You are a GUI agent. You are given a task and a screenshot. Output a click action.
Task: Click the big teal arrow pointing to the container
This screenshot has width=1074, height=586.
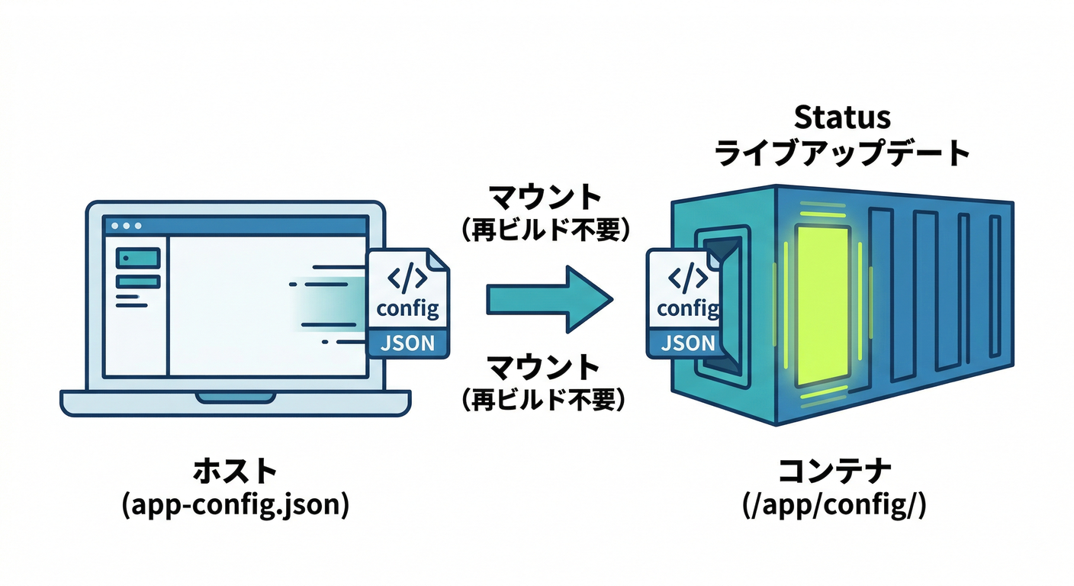pyautogui.click(x=549, y=298)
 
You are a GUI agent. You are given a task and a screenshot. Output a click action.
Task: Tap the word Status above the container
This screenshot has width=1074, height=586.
pyautogui.click(x=842, y=118)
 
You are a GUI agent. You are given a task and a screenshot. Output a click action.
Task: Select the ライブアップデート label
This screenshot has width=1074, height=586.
pyautogui.click(x=842, y=153)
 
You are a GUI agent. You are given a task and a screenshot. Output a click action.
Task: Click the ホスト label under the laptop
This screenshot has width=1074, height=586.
pyautogui.click(x=235, y=472)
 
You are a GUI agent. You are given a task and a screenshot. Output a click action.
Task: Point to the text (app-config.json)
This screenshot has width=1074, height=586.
pyautogui.click(x=235, y=506)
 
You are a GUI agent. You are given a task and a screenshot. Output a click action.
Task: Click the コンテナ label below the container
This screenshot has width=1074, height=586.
pyautogui.click(x=834, y=472)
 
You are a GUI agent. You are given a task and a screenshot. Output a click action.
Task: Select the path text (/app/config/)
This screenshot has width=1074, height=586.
pyautogui.click(x=834, y=506)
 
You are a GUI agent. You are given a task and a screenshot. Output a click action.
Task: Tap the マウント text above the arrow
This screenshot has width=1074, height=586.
pyautogui.click(x=545, y=198)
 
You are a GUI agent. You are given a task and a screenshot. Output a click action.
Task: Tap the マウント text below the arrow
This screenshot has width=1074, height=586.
pyautogui.click(x=545, y=368)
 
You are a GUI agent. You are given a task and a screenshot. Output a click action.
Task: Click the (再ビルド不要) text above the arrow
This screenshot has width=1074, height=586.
pyautogui.click(x=545, y=230)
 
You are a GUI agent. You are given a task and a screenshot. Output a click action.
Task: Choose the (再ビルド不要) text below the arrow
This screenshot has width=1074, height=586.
pyautogui.click(x=545, y=400)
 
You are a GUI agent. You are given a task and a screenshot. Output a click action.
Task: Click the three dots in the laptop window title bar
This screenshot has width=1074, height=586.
pyautogui.click(x=127, y=226)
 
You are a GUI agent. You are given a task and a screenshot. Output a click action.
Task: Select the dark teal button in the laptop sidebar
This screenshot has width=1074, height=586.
pyautogui.click(x=137, y=258)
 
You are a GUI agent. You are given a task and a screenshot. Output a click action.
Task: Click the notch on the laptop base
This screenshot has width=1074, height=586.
pyautogui.click(x=235, y=398)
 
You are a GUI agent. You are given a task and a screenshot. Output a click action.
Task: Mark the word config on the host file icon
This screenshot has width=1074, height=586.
pyautogui.click(x=408, y=309)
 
